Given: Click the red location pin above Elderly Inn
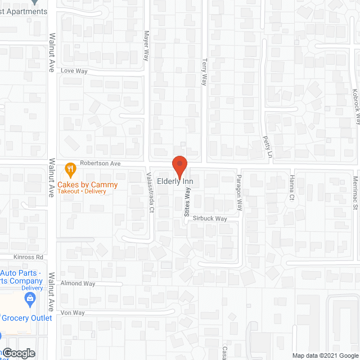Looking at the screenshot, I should (x=179, y=165).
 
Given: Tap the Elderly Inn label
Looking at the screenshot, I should (x=175, y=182).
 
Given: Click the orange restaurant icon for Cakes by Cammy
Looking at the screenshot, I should (x=70, y=168).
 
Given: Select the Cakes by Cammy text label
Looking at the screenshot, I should (x=89, y=184).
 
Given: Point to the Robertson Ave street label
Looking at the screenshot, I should (x=101, y=163).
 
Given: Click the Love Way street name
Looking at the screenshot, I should (x=74, y=71).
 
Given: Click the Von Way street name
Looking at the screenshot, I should (x=73, y=312).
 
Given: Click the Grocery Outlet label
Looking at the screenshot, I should (x=28, y=318).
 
